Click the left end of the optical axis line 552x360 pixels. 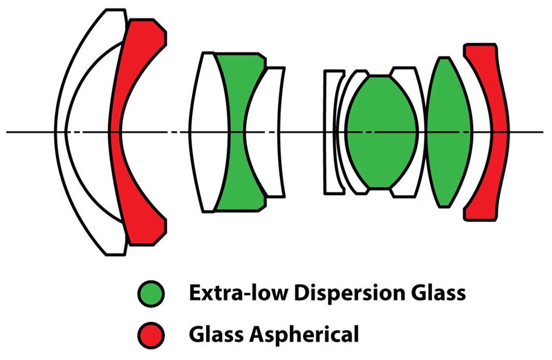8,132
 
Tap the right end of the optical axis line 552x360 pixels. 541,132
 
